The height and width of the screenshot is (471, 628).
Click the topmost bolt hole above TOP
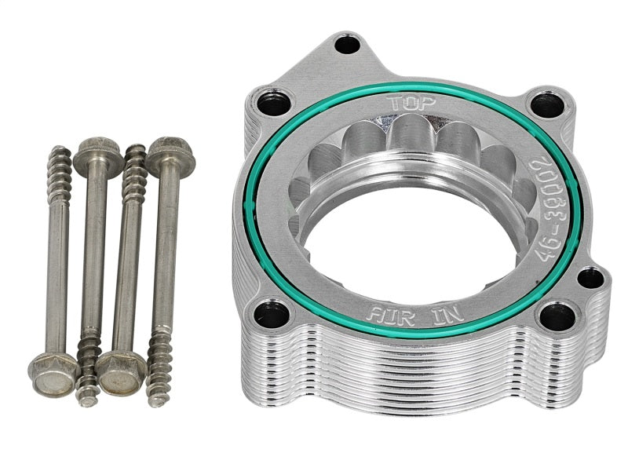[347, 44]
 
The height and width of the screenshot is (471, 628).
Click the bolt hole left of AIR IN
[272, 314]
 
